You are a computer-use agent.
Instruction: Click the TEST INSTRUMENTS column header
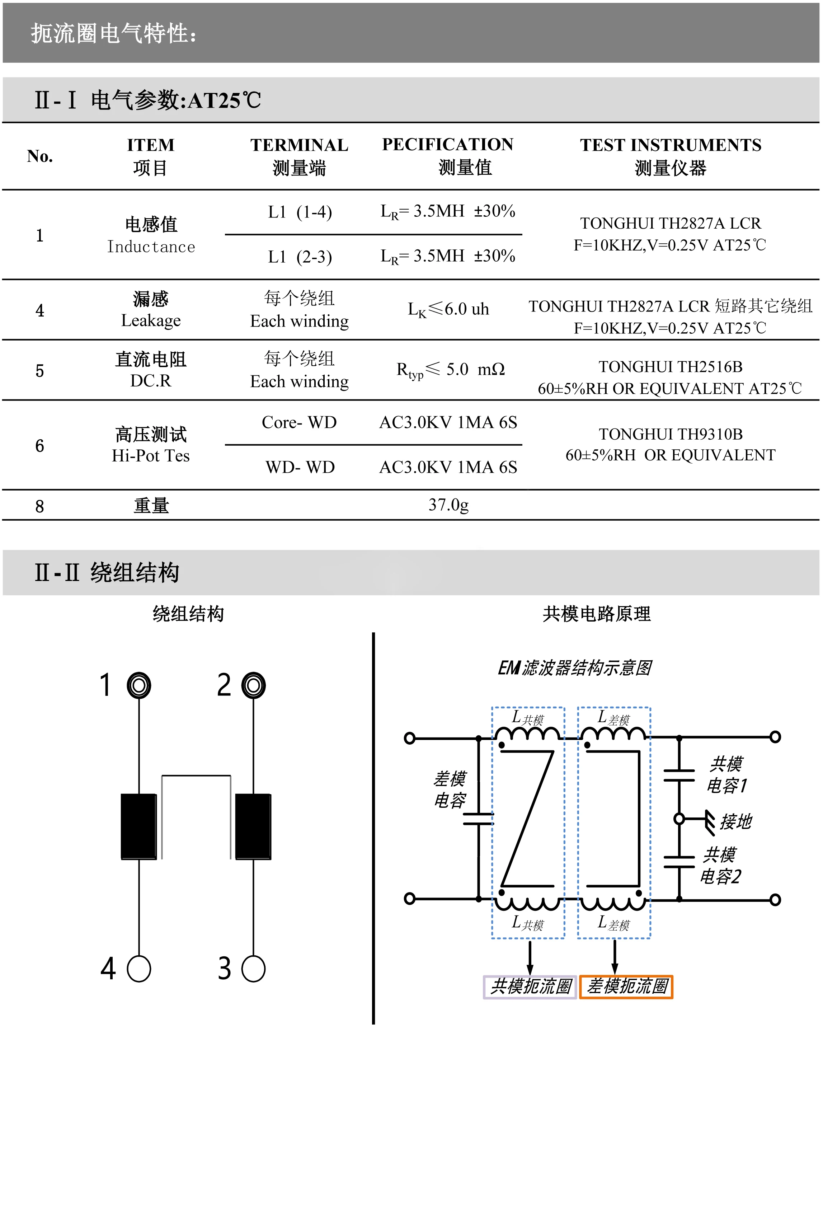coord(670,145)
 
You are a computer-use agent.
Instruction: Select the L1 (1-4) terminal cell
coord(300,212)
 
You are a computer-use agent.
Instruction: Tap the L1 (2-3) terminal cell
coord(300,257)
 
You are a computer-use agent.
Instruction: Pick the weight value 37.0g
coord(448,505)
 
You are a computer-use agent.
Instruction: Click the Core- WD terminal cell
coord(299,422)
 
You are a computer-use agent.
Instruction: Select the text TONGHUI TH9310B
coord(670,434)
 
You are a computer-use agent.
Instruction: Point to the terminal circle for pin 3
coord(253,969)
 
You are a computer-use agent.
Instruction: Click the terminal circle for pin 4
coord(139,969)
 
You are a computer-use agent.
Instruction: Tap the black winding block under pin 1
coord(139,826)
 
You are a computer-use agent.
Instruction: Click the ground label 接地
coord(735,822)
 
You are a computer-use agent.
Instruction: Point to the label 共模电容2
coord(720,866)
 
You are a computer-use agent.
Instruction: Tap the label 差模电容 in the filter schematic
coord(450,790)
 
